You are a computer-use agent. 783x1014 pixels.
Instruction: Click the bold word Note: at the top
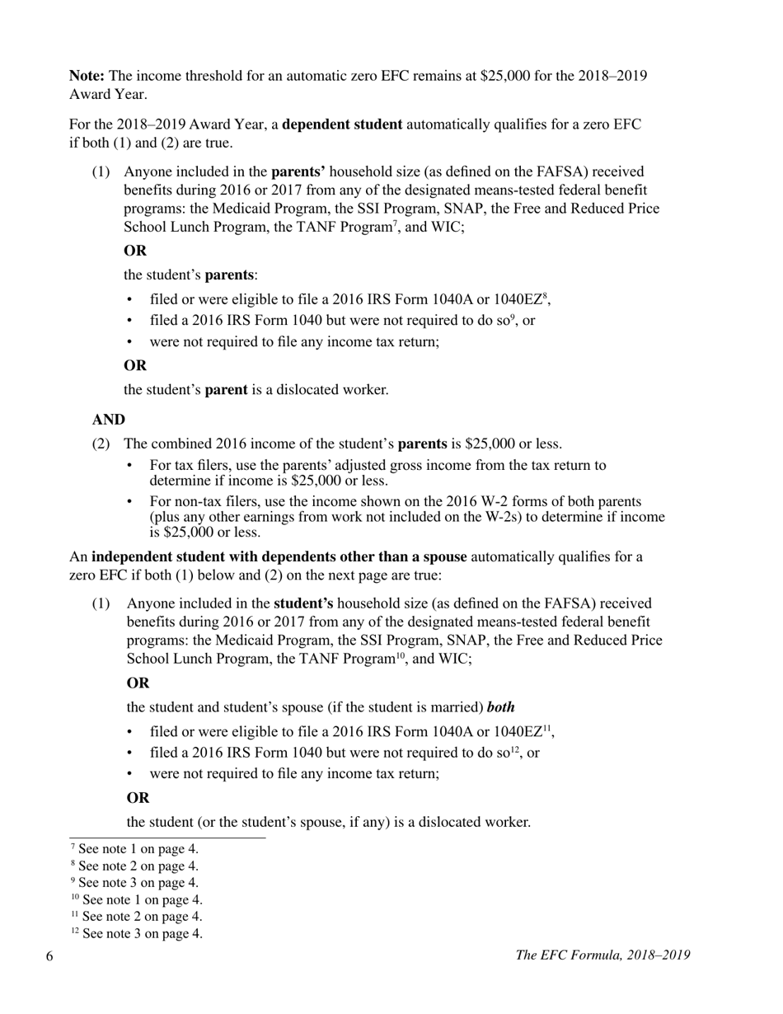click(87, 76)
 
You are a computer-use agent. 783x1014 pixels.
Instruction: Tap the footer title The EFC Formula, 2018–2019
click(602, 955)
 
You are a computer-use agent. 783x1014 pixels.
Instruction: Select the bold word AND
click(108, 420)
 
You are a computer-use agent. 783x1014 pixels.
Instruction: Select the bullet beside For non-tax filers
click(130, 502)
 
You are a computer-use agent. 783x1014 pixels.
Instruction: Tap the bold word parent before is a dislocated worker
click(226, 390)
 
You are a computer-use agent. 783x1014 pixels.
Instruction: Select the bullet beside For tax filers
click(130, 466)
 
